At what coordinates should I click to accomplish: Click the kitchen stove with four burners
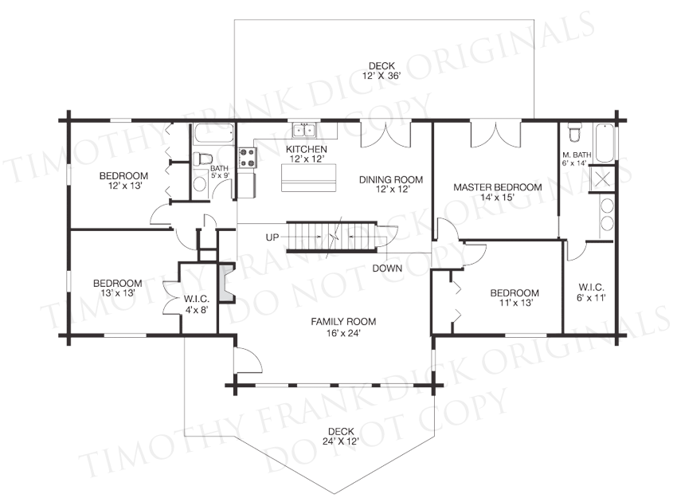pyautogui.click(x=248, y=157)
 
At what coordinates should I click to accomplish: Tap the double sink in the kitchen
pyautogui.click(x=304, y=130)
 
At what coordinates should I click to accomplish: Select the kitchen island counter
pyautogui.click(x=308, y=178)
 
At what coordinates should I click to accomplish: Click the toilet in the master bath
pyautogui.click(x=575, y=132)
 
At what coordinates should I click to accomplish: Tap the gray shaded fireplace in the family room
pyautogui.click(x=226, y=284)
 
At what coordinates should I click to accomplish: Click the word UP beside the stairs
pyautogui.click(x=272, y=237)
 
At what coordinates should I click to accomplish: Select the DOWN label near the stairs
pyautogui.click(x=387, y=269)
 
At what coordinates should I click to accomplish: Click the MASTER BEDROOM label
pyautogui.click(x=497, y=187)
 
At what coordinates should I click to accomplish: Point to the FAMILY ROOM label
pyautogui.click(x=343, y=321)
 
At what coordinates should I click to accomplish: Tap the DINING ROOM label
pyautogui.click(x=391, y=179)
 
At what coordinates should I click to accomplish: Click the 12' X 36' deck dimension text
pyautogui.click(x=382, y=76)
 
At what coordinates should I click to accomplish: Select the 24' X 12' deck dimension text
pyautogui.click(x=341, y=441)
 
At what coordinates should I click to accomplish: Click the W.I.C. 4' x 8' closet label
pyautogui.click(x=197, y=304)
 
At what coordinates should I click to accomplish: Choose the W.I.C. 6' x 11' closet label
pyautogui.click(x=591, y=292)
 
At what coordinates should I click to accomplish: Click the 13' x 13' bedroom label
pyautogui.click(x=118, y=288)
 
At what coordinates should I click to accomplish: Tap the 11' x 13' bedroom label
pyautogui.click(x=515, y=297)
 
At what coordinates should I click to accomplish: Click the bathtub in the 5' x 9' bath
pyautogui.click(x=214, y=132)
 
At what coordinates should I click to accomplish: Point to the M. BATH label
pyautogui.click(x=577, y=155)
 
